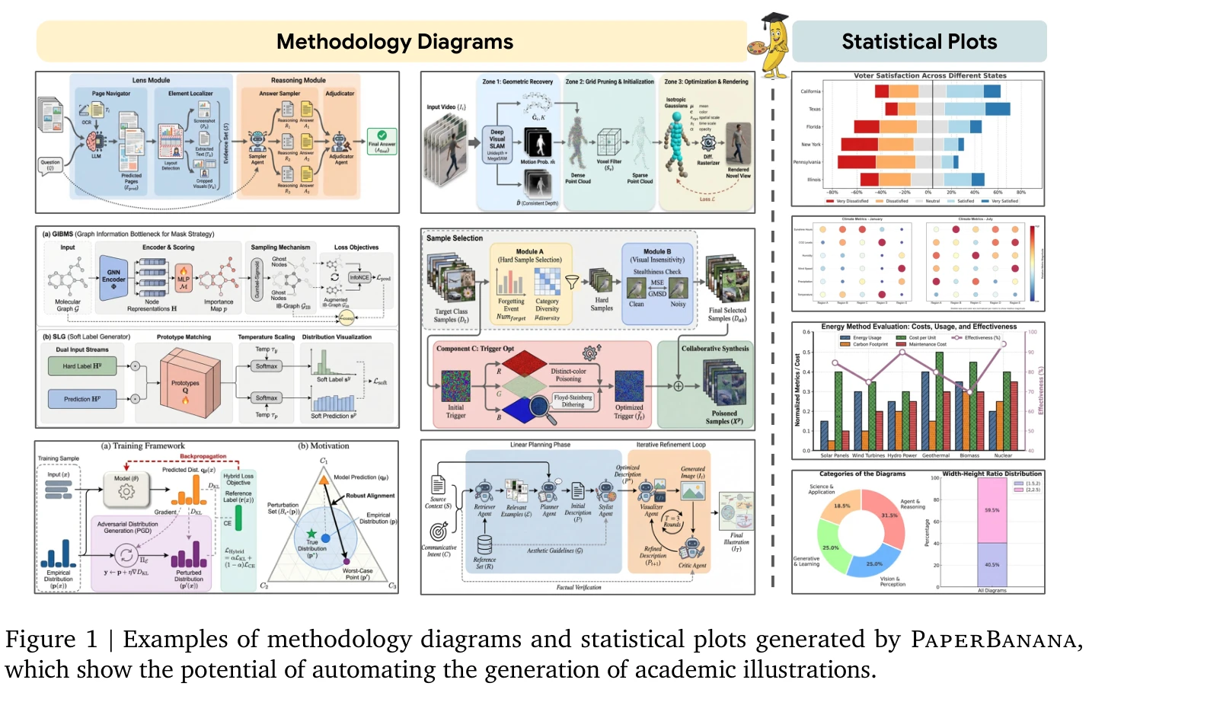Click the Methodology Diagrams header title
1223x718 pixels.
click(x=394, y=42)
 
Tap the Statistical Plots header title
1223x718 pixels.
click(x=919, y=42)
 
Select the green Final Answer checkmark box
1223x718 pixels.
click(x=382, y=141)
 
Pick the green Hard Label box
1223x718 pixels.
click(x=81, y=366)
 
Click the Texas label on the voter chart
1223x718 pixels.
click(x=814, y=109)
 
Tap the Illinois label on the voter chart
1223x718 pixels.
click(x=813, y=180)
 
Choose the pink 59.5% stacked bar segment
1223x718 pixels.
click(x=991, y=510)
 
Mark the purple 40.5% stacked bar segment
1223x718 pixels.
click(x=991, y=564)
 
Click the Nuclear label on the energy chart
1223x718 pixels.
click(x=1003, y=455)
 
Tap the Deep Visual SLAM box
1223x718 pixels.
click(x=497, y=142)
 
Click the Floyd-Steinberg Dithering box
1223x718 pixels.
click(x=573, y=400)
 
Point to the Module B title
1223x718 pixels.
click(x=657, y=251)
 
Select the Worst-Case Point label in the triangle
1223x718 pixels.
click(x=357, y=573)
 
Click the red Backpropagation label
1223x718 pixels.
click(x=203, y=456)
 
